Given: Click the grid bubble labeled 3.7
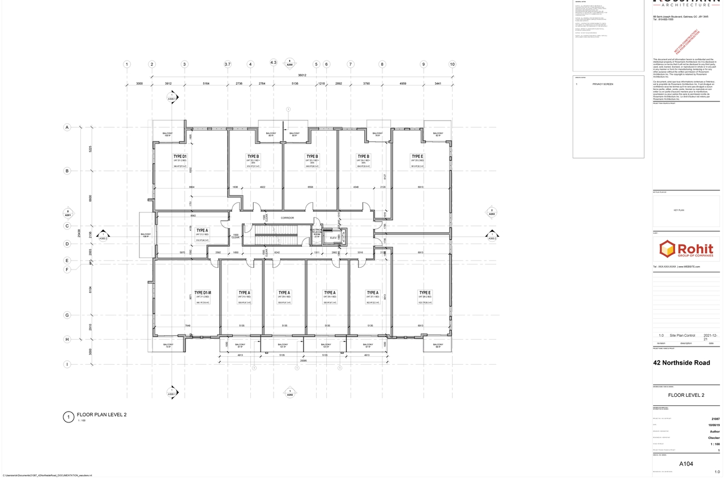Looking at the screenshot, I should tap(228, 65).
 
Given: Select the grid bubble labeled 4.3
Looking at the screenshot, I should tap(274, 62).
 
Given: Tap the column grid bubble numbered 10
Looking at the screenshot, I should tap(452, 65).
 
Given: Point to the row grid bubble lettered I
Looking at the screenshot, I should tap(67, 364).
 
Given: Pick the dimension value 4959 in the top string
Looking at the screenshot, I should tap(403, 84).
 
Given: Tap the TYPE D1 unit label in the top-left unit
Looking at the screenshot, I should tap(180, 156).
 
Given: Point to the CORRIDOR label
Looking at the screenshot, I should tap(288, 217).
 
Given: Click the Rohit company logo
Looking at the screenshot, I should tap(686, 250).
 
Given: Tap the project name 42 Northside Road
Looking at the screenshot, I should tap(681, 363).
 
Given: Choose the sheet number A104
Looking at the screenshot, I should tap(686, 464).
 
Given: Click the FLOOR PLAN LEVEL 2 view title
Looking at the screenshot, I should tap(101, 414).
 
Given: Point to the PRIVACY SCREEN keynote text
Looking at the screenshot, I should tap(603, 84).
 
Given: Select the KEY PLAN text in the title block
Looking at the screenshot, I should tap(679, 210).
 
